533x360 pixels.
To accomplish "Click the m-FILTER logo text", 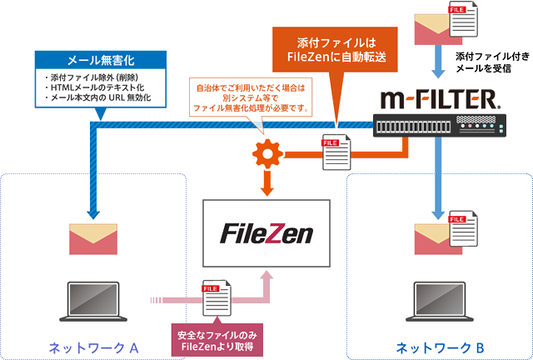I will tap(440, 101).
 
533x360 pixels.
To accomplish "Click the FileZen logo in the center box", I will tap(266, 232).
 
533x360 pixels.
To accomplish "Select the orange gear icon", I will tap(266, 155).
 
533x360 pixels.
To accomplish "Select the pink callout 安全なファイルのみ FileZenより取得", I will tap(218, 341).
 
